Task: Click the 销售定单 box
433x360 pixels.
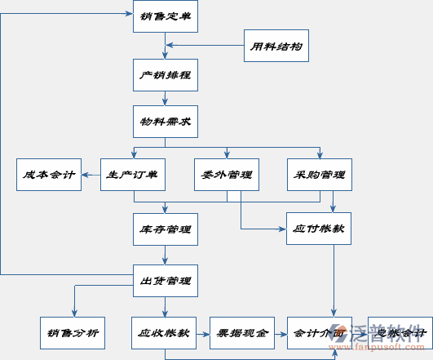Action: [165, 15]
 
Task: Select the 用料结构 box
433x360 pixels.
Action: [276, 46]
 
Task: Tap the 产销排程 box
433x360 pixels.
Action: [165, 75]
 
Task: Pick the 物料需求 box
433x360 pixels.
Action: [165, 122]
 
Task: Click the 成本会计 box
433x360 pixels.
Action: [49, 175]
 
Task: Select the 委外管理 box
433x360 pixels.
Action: [227, 175]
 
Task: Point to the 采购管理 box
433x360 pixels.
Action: [320, 175]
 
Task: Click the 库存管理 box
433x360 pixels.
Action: [165, 229]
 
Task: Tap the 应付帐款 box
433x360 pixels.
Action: [319, 229]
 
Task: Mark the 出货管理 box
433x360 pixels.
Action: [165, 281]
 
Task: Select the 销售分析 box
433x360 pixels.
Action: [73, 332]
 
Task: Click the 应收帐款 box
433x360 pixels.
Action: [165, 332]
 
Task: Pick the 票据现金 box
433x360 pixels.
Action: [242, 332]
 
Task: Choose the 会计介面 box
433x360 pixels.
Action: [319, 332]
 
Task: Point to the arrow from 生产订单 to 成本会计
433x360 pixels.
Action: [91, 175]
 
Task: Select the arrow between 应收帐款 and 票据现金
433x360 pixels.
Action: [203, 332]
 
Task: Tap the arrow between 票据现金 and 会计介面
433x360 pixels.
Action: [281, 332]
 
